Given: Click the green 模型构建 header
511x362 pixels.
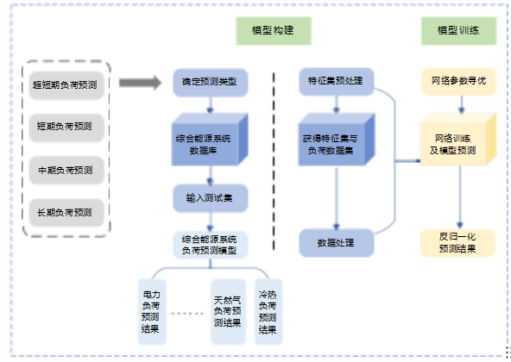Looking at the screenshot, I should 274,30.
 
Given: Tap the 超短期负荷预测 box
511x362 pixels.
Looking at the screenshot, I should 66,84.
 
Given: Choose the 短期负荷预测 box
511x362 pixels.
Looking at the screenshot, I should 66,127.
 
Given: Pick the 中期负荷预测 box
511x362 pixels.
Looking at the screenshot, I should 66,169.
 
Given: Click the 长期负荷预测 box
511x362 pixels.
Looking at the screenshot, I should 66,211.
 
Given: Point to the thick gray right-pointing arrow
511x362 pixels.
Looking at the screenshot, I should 140,84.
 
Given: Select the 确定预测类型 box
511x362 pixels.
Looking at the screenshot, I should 210,83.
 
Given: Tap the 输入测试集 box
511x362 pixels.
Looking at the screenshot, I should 210,197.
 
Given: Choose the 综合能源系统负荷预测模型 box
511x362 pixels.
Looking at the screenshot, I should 210,245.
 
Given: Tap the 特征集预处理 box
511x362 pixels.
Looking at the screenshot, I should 336,83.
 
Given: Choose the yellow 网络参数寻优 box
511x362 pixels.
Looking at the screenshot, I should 458,83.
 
